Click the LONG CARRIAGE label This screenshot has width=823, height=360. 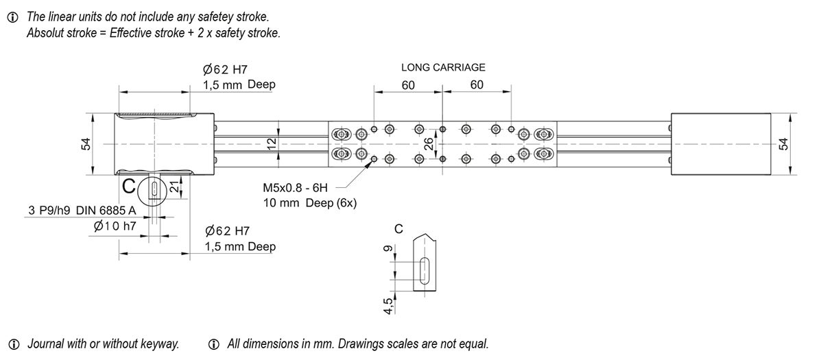tap(443, 67)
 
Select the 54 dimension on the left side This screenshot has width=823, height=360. tap(86, 144)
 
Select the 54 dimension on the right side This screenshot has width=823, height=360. tap(785, 144)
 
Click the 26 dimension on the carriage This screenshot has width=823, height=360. tap(429, 144)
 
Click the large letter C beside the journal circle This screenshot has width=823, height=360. tap(128, 186)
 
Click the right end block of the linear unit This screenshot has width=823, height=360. tap(720, 144)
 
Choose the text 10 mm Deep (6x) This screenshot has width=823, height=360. tap(310, 204)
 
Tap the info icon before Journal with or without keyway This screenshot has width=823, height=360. tap(13, 344)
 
